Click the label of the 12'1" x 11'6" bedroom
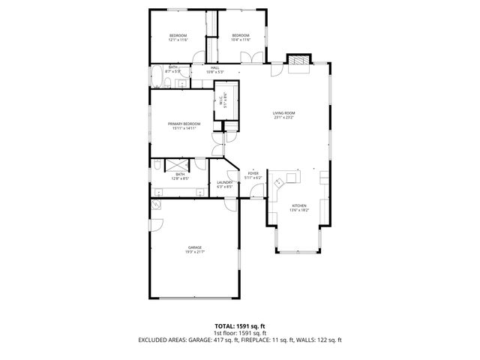coord(178,36)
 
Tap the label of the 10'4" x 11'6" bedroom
coord(240,36)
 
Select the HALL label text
coord(214,68)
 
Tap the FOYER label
coord(253,172)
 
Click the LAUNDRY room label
coord(224,182)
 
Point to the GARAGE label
coord(195,247)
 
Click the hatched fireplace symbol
coord(299,61)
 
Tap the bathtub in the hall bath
coord(158,76)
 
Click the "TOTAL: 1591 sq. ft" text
coord(239,327)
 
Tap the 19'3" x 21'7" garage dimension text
coord(195,252)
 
